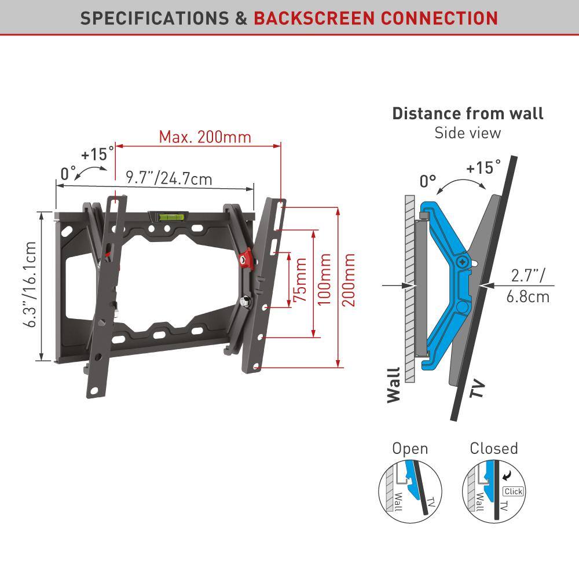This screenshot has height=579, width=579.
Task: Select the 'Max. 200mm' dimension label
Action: click(205, 137)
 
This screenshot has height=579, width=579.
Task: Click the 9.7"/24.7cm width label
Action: click(169, 178)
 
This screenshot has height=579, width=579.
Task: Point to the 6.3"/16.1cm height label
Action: click(30, 284)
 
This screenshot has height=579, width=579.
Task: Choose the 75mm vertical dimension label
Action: click(300, 280)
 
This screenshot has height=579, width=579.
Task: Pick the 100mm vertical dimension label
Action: click(324, 280)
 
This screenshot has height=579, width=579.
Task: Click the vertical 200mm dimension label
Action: click(348, 280)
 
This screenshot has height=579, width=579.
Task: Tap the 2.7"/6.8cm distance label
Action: click(527, 286)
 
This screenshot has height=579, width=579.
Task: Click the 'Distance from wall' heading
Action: click(467, 113)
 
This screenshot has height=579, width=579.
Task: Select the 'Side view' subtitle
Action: click(467, 133)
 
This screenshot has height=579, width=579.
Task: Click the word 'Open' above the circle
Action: click(410, 449)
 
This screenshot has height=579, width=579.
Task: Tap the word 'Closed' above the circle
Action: click(494, 448)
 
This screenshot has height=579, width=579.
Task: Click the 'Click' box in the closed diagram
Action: click(513, 492)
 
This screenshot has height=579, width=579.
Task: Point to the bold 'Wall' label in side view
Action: click(394, 385)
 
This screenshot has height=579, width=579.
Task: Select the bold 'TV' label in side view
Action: click(477, 389)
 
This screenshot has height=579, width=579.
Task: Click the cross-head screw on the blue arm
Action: click(462, 262)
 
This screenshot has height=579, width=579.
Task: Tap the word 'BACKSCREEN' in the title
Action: click(314, 18)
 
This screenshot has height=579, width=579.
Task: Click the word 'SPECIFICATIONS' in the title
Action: click(155, 18)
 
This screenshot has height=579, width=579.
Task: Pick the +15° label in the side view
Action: click(483, 167)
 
